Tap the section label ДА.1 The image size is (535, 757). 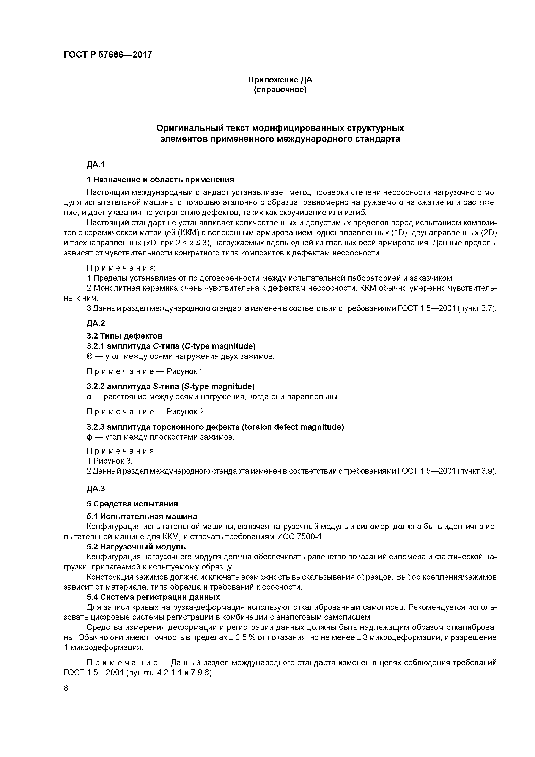click(x=96, y=164)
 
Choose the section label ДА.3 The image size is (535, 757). click(x=96, y=488)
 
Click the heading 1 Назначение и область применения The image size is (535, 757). click(x=160, y=180)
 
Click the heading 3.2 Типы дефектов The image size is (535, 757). click(x=125, y=336)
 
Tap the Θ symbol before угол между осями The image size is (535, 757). click(x=89, y=356)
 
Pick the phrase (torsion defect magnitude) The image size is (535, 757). click(x=293, y=427)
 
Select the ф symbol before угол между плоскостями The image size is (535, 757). click(x=89, y=437)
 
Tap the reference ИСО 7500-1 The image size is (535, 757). click(x=299, y=536)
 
